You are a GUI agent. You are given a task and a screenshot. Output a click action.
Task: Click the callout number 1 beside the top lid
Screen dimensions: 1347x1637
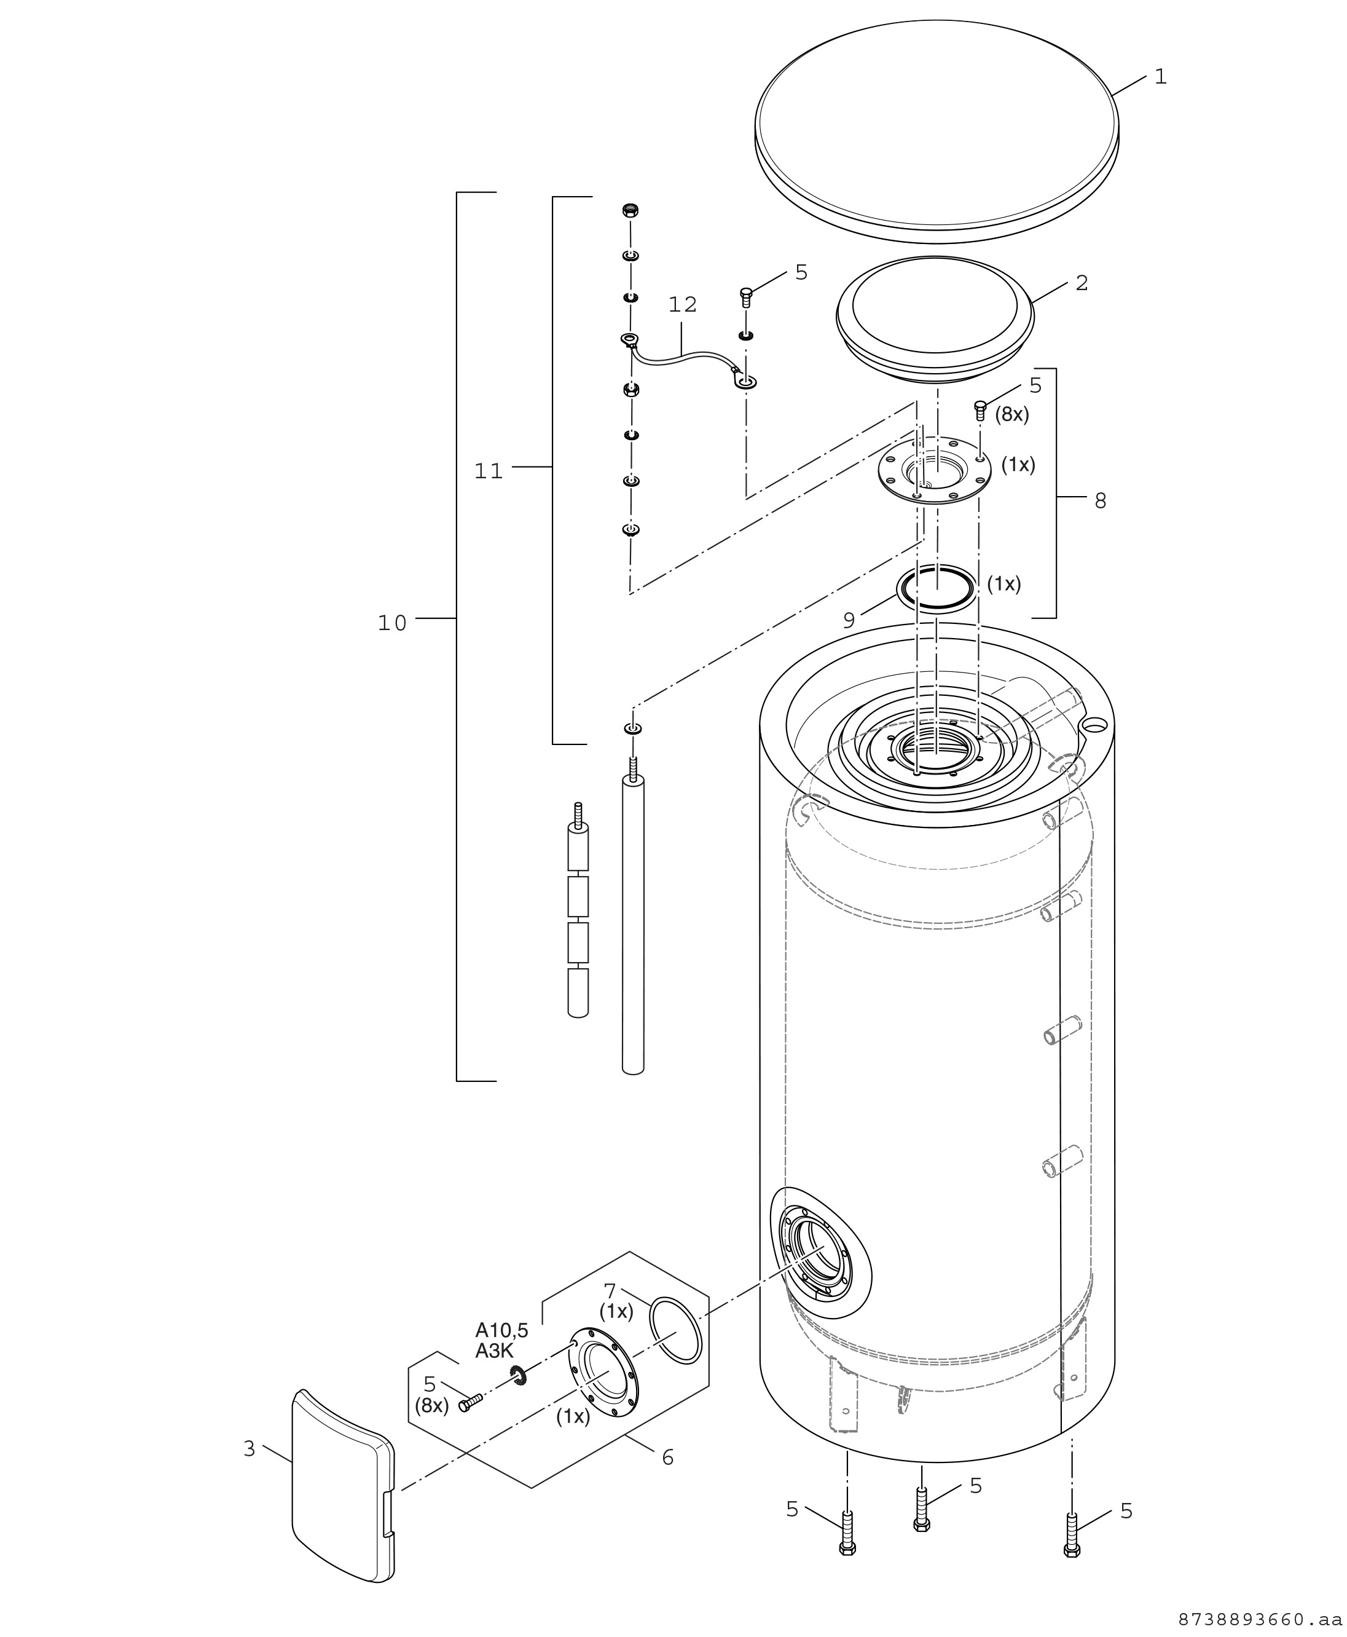[1161, 77]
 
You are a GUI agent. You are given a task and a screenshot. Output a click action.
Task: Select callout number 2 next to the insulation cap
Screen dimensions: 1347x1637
[1082, 283]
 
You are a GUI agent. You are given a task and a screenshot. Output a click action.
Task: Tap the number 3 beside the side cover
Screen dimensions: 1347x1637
[249, 1449]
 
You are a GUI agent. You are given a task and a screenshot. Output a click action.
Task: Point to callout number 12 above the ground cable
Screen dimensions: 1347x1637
[683, 305]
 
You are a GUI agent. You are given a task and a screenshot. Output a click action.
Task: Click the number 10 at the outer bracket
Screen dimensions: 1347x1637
[393, 623]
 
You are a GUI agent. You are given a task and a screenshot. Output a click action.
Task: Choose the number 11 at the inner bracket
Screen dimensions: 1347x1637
[489, 471]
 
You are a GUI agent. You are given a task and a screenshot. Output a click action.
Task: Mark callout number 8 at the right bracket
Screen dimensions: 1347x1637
[1100, 502]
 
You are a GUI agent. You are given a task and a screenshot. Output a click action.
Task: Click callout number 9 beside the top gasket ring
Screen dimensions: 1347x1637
[849, 620]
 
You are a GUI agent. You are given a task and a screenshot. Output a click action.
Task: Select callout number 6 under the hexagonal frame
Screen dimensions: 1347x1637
[668, 1458]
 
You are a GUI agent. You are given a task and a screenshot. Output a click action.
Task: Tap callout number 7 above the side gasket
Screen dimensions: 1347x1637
[610, 1291]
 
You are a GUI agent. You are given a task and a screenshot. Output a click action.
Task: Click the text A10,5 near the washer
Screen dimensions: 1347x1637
[502, 1330]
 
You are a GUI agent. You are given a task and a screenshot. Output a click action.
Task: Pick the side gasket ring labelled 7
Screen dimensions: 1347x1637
[675, 1330]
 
